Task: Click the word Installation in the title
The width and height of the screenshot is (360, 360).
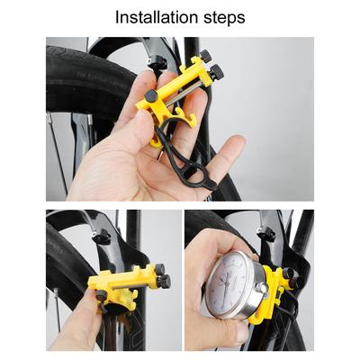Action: [x=157, y=17]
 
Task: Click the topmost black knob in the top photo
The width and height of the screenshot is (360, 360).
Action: [x=205, y=56]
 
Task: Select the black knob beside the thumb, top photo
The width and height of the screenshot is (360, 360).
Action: [x=151, y=95]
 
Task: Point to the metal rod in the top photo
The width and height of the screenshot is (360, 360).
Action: [x=184, y=94]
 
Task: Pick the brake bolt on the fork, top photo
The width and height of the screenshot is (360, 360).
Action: [x=158, y=62]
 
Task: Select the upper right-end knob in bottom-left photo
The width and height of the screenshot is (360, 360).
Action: [x=159, y=269]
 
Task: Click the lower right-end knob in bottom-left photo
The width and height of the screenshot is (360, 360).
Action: [x=165, y=282]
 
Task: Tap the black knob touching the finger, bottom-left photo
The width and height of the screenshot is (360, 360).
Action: [x=101, y=296]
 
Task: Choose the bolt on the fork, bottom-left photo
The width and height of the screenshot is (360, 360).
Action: [x=101, y=238]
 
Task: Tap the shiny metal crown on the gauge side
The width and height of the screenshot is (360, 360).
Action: [x=261, y=289]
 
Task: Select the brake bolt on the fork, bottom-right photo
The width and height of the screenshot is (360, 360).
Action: [x=266, y=234]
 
